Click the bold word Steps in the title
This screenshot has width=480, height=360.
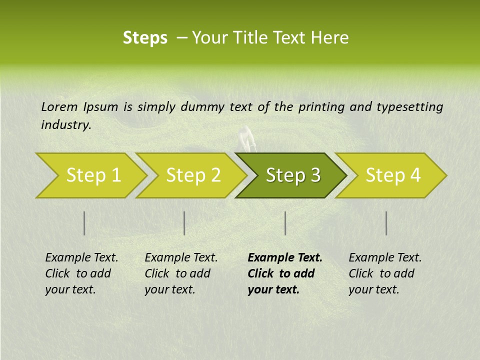point(145,38)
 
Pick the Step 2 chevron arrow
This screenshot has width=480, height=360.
point(193,175)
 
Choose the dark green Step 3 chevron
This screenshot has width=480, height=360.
point(292,175)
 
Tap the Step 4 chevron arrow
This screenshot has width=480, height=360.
point(393,175)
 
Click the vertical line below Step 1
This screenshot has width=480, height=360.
point(84,223)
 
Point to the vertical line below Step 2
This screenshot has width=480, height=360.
point(184,223)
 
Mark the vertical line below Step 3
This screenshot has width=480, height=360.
point(285,223)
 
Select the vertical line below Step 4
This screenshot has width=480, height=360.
point(386,223)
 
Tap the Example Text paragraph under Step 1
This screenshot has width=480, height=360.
point(81,273)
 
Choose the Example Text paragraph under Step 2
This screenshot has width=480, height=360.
point(181,273)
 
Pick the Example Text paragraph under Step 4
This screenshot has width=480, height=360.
point(385,273)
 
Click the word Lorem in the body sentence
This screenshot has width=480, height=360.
point(59,106)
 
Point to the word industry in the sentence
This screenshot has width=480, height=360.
point(65,125)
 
